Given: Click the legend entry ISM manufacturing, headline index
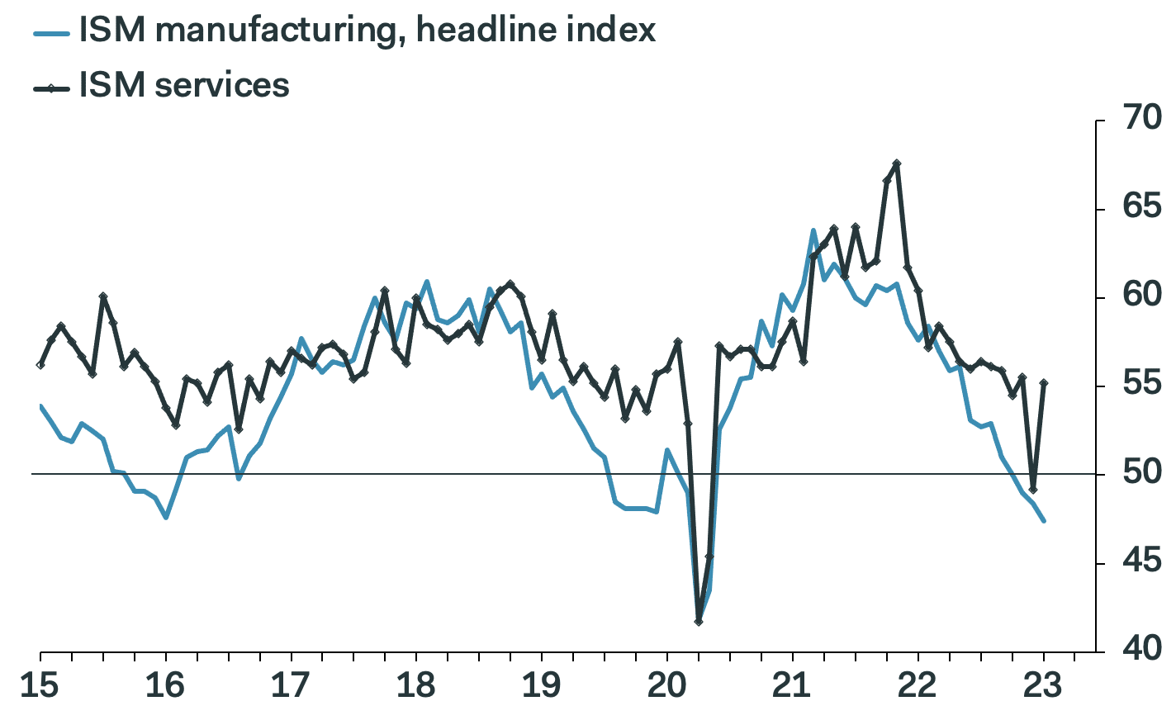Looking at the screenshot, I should click(367, 31).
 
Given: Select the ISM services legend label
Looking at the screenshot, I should click(184, 85).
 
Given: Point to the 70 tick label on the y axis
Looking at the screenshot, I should click(1141, 118).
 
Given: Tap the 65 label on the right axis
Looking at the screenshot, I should click(1141, 206).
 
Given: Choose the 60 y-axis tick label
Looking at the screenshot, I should click(1141, 295).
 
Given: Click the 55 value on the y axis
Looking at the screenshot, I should click(1141, 384).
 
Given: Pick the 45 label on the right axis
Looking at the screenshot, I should click(1141, 561).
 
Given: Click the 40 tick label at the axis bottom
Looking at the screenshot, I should click(1141, 649).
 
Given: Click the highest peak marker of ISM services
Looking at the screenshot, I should click(897, 163).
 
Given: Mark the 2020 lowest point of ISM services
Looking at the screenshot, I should click(699, 621).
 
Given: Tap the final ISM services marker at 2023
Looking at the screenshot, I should click(1044, 383).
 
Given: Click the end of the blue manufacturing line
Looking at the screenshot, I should click(1044, 521).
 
